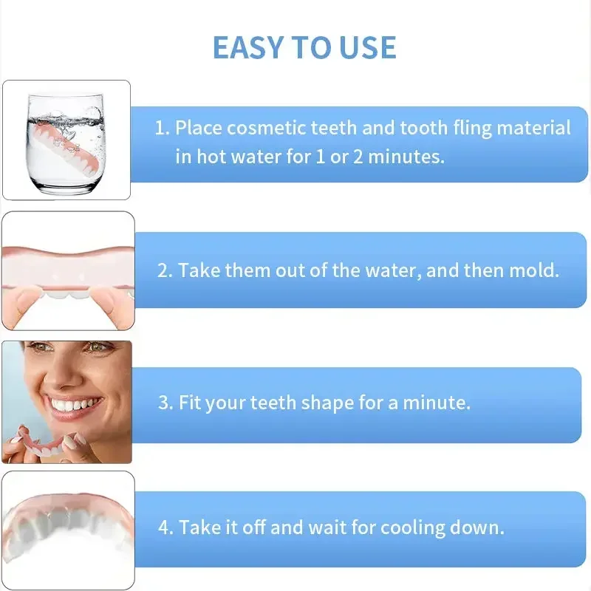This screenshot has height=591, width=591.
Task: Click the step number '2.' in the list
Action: [x=165, y=270]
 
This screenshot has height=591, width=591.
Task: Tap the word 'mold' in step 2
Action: [x=533, y=270]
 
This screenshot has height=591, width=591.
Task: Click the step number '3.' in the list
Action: [x=165, y=403]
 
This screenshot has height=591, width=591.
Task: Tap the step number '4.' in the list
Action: [x=165, y=528]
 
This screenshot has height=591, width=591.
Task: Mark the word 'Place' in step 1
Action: [x=198, y=128]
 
